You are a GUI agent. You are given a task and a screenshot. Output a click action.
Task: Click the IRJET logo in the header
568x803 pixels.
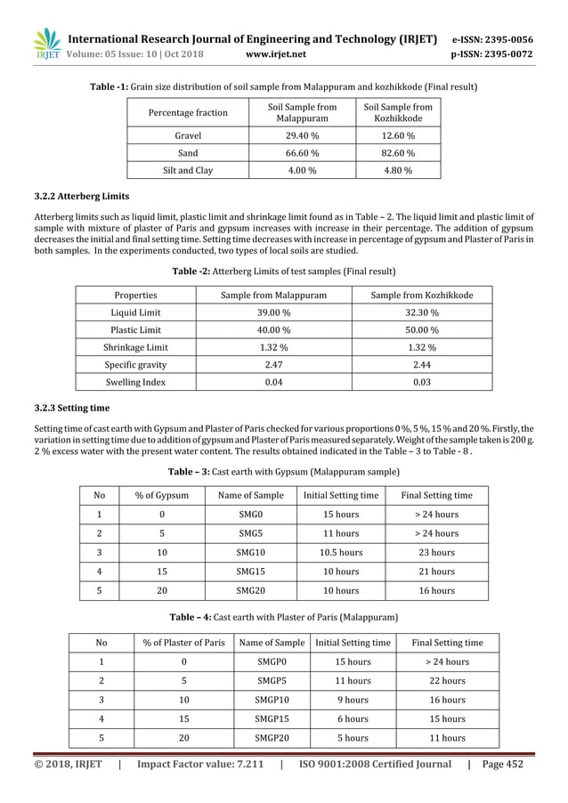click(x=45, y=45)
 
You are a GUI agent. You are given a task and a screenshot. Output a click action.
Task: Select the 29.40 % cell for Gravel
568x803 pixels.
click(x=303, y=135)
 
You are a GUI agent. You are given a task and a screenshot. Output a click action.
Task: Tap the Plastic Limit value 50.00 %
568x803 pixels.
click(x=422, y=329)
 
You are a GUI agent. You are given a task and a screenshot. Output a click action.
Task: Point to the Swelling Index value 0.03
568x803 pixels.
click(x=422, y=382)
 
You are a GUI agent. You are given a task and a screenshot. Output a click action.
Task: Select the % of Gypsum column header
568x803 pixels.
click(x=161, y=495)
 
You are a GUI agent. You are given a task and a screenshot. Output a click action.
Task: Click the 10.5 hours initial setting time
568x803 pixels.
click(x=341, y=552)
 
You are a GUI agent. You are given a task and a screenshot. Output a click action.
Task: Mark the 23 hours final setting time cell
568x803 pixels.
click(x=437, y=552)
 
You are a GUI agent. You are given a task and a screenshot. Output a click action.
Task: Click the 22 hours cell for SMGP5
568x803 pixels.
click(x=448, y=681)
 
